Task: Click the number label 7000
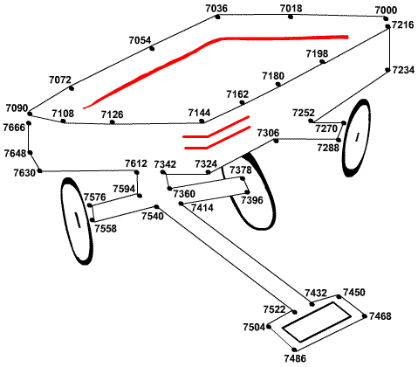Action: (x=386, y=10)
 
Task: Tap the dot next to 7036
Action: (x=217, y=17)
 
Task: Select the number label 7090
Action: (x=17, y=108)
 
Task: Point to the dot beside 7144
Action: (x=202, y=121)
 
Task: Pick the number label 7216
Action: (x=402, y=24)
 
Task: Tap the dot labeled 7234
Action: (x=387, y=70)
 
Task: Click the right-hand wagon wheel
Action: (x=356, y=138)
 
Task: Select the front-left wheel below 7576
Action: (x=77, y=221)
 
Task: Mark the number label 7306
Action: (x=268, y=133)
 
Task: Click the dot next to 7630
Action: (x=40, y=170)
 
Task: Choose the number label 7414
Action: (x=202, y=208)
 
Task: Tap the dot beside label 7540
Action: (x=156, y=207)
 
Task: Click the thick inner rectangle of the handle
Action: (x=317, y=322)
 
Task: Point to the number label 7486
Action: (x=295, y=358)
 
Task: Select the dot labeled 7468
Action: (x=365, y=316)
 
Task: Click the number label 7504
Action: (x=255, y=327)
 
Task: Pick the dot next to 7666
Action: (x=29, y=123)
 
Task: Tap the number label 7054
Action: (x=140, y=40)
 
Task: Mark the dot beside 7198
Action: (x=322, y=61)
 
